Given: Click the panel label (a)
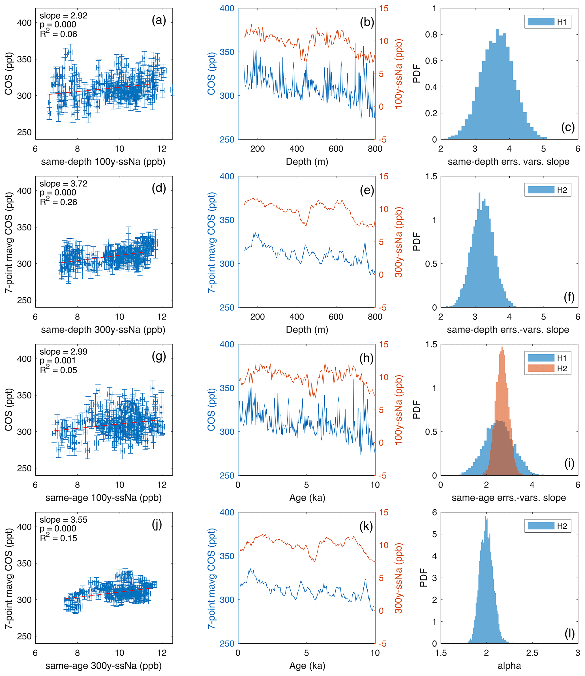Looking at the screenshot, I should click(x=159, y=21).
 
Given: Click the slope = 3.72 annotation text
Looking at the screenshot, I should click(x=64, y=184).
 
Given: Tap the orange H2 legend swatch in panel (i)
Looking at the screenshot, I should click(x=541, y=368).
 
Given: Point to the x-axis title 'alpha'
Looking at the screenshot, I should click(x=509, y=666).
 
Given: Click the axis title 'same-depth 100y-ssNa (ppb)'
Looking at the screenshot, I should click(x=103, y=162).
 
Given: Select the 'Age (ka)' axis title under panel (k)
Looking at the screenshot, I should click(x=307, y=666).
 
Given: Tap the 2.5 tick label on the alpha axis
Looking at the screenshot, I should click(x=532, y=653).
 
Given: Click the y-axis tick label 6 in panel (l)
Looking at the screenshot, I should click(x=434, y=512).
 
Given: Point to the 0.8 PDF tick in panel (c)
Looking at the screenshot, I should click(x=431, y=35).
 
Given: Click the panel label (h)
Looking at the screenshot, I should click(x=366, y=358).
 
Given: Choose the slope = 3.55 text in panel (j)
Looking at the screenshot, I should click(x=64, y=520).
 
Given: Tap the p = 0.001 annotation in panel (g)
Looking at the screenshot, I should click(x=58, y=361).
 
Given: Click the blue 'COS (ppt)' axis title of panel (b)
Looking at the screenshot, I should click(x=211, y=73).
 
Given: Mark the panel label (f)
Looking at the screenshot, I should click(x=569, y=297).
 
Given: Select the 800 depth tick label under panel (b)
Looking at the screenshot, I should click(x=375, y=149).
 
